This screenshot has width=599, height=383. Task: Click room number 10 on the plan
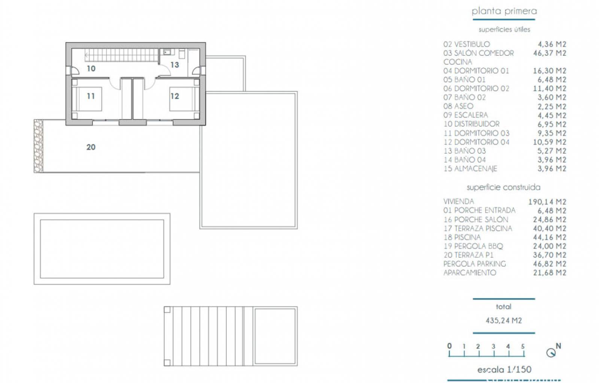tap(91, 69)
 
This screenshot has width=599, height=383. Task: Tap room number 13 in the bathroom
tap(174, 65)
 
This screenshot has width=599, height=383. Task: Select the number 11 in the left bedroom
tap(91, 96)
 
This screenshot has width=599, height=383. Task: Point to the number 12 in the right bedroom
tap(174, 96)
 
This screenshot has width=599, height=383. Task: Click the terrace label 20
tap(91, 147)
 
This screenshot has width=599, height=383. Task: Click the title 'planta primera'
tap(504, 11)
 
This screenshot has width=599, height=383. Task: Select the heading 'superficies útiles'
tap(504, 30)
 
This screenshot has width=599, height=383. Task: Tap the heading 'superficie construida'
tap(504, 187)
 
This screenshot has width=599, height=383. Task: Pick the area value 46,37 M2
tap(550, 53)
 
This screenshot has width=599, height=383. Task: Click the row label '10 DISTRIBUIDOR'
tap(471, 124)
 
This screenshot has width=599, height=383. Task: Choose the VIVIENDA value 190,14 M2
tap(547, 202)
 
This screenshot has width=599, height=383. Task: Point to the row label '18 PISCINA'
tap(462, 237)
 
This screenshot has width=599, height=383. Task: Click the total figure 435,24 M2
tap(504, 321)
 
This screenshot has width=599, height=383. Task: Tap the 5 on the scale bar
tap(523, 346)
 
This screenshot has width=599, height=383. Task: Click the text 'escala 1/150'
tap(504, 370)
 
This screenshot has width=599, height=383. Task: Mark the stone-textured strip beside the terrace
tap(38, 146)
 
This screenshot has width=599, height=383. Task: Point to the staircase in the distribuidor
tap(122, 55)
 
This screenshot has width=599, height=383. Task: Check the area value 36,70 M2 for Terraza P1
tap(550, 255)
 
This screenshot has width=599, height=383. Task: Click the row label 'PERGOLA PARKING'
tap(475, 264)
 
